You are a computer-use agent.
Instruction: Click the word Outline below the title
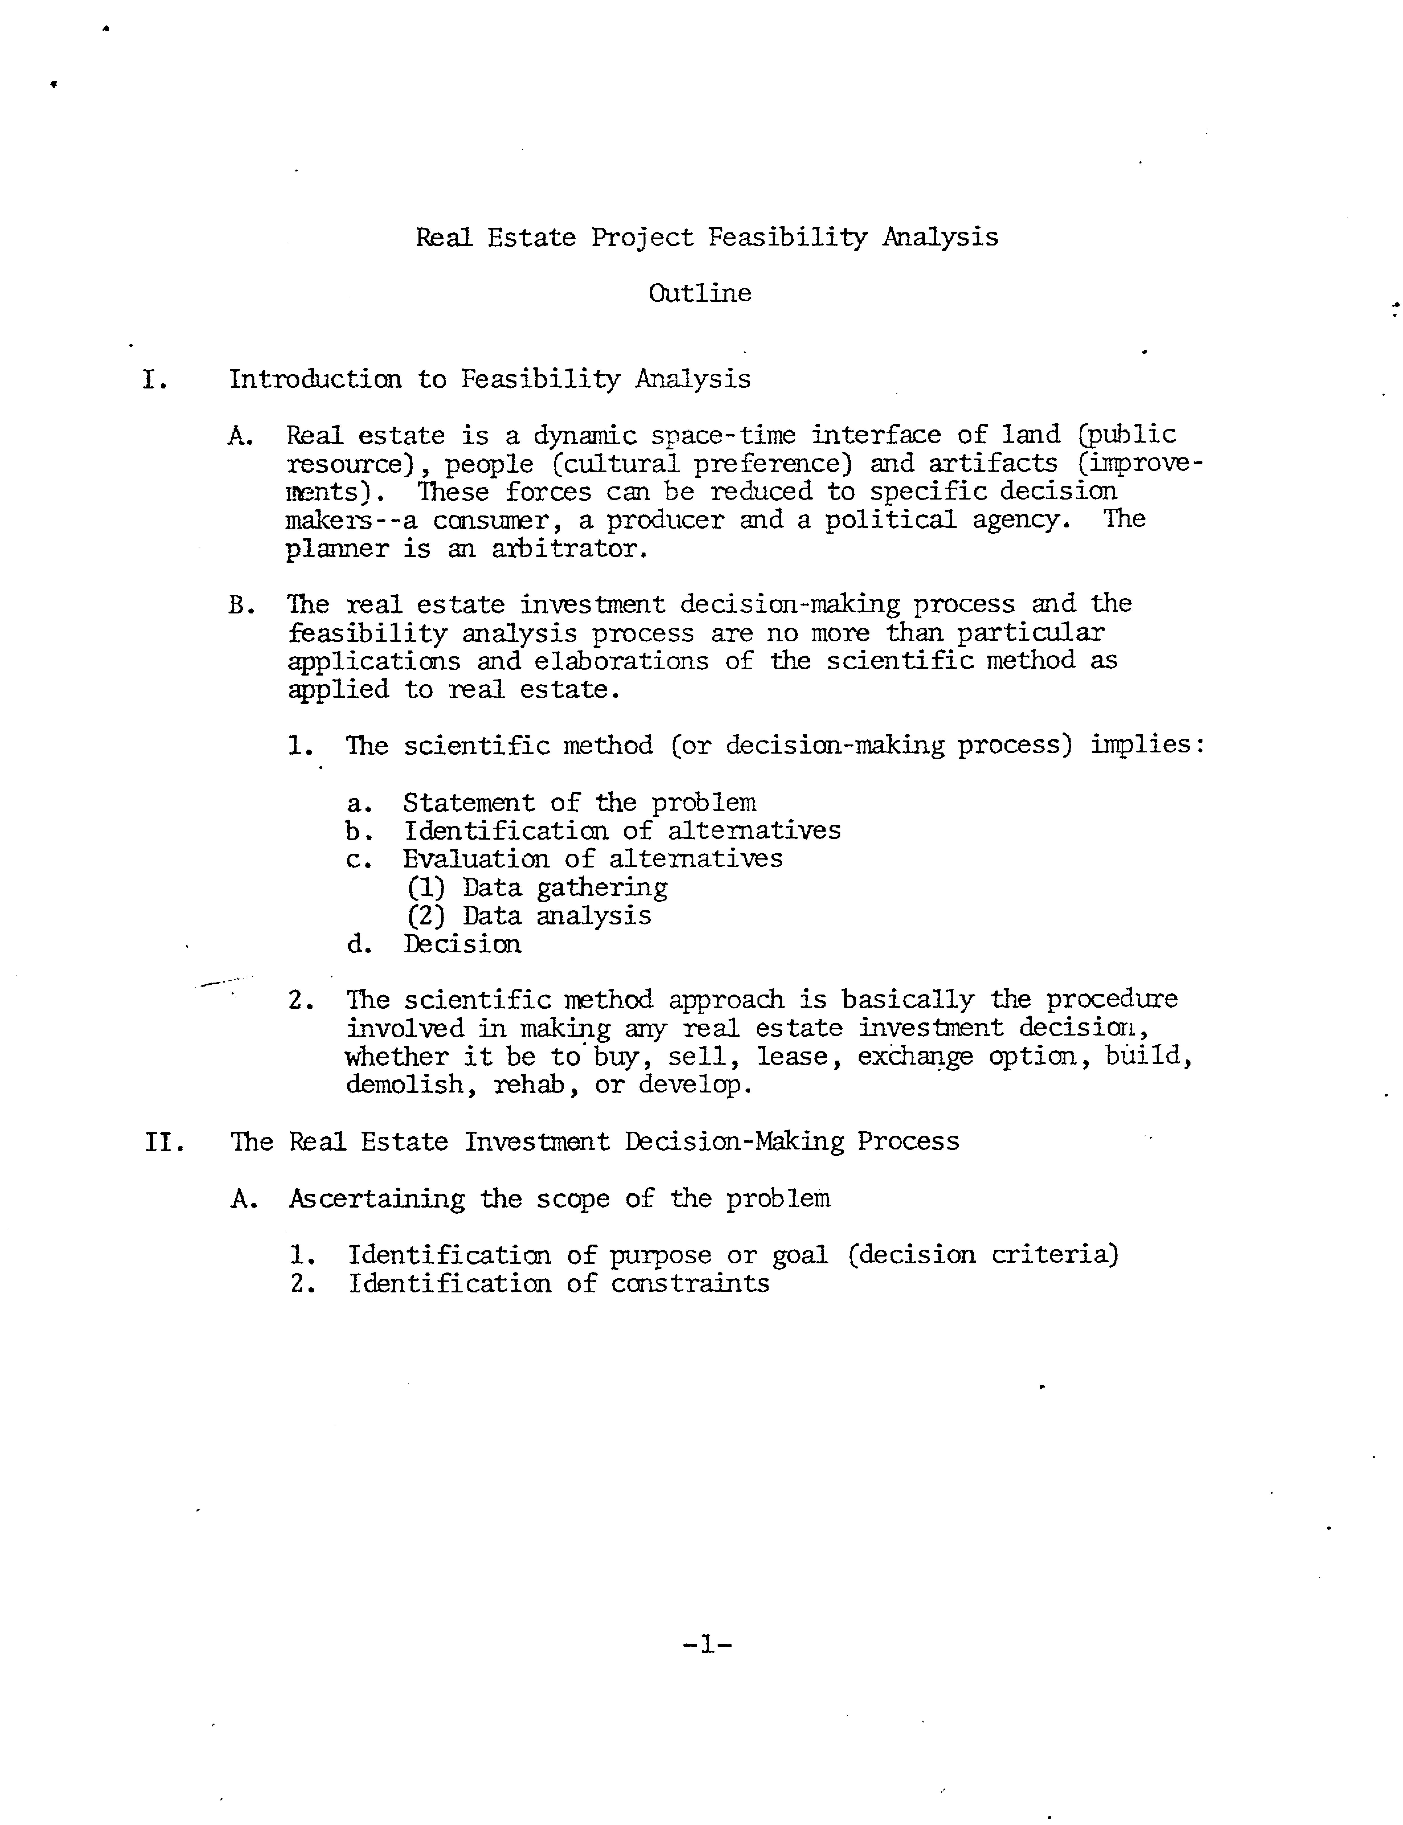coord(700,293)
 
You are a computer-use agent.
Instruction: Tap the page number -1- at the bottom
coord(706,1645)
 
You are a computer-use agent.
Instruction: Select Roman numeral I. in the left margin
coord(155,380)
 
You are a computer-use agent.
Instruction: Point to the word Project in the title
coord(642,238)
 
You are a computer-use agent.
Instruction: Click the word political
coord(890,520)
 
